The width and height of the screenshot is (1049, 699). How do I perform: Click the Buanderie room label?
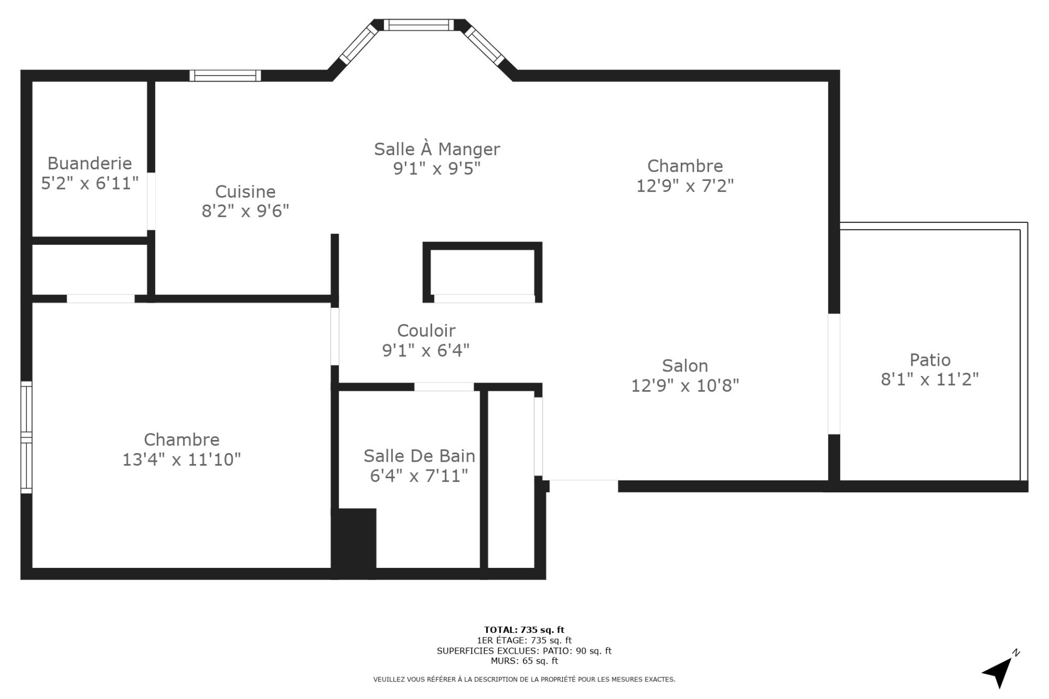pos(90,163)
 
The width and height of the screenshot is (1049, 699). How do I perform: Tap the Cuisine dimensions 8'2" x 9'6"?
pos(245,211)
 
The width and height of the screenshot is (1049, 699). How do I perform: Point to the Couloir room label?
pos(426,331)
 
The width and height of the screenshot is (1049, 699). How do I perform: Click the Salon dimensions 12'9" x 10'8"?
pos(685,386)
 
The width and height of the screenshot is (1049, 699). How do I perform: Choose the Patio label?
pos(930,360)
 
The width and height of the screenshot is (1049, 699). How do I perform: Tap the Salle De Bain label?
pos(420,456)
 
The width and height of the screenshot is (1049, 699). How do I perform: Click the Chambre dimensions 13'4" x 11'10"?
pos(181,460)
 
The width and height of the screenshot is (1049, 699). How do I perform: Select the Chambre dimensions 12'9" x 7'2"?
pos(685,186)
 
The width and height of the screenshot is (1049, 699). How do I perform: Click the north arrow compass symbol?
pos(1001,669)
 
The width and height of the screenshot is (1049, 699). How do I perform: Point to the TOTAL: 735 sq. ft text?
pos(524,630)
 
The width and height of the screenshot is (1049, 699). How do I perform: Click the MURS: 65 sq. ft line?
pos(524,661)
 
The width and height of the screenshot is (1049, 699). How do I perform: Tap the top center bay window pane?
pos(419,25)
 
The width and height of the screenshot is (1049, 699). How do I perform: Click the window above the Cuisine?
pos(225,75)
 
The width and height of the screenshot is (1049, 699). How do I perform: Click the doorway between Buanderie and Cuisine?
pos(151,201)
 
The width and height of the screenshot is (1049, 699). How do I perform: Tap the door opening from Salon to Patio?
pos(834,374)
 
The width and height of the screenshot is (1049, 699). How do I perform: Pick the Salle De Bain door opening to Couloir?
pos(444,387)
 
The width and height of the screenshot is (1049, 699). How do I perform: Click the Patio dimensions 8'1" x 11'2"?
pos(930,379)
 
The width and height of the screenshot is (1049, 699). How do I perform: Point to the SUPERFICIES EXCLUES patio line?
pos(524,651)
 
